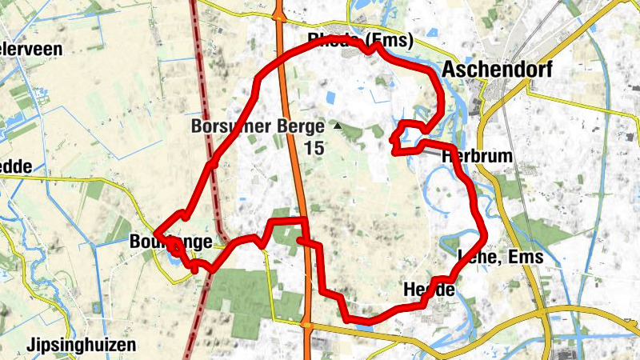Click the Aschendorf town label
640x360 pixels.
pyautogui.click(x=496, y=70)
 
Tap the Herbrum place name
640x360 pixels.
pyautogui.click(x=476, y=157)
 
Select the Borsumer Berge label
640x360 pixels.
pyautogui.click(x=258, y=126)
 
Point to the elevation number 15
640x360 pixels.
pyautogui.click(x=314, y=148)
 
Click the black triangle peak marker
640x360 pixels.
pyautogui.click(x=337, y=126)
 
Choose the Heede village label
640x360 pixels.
pyautogui.click(x=430, y=290)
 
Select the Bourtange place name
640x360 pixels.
pyautogui.click(x=170, y=242)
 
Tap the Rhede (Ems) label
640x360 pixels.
pyautogui.click(x=360, y=40)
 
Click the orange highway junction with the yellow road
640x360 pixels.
pyautogui.click(x=306, y=324)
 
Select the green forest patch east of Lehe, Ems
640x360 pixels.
pyautogui.click(x=544, y=232)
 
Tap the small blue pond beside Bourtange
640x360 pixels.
pyautogui.click(x=173, y=261)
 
